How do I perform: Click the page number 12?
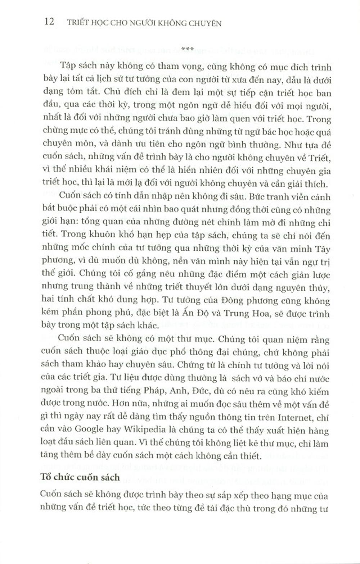click(49, 22)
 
